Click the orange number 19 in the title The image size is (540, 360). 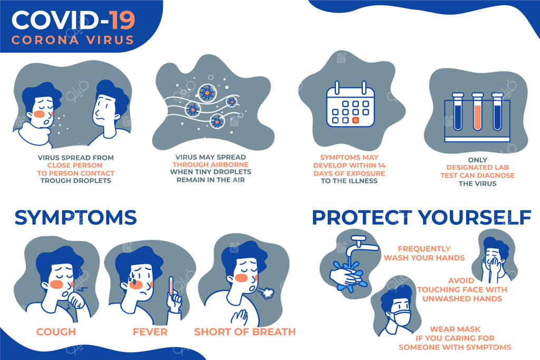coord(122,20)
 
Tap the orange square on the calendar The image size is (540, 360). coord(356,120)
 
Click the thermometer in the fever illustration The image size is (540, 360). coord(171,285)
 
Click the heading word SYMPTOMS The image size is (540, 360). coord(76,218)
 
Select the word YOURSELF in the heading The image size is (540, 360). coord(475,218)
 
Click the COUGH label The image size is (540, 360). coord(56,332)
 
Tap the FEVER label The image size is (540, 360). coord(150,332)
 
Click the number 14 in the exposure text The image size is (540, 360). coord(381,166)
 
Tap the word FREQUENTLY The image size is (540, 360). coord(424,248)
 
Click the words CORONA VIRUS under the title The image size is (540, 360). coord(73,40)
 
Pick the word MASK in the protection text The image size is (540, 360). coord(469,329)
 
